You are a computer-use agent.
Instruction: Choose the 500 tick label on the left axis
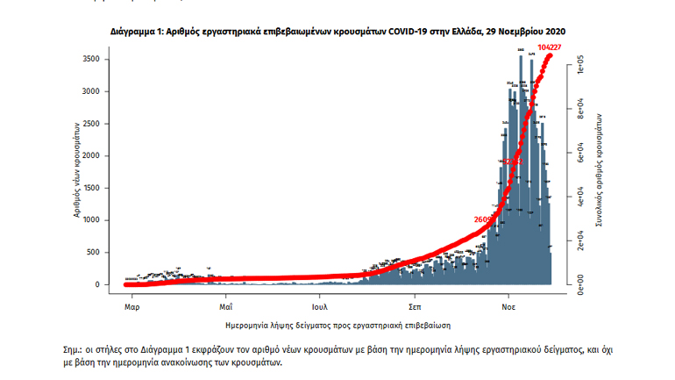pos(103,253)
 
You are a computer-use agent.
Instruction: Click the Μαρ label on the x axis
pos(132,308)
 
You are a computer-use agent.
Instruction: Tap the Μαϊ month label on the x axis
pos(225,308)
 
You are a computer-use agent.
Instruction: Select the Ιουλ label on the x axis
pos(319,308)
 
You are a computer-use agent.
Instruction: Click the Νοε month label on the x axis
pos(508,308)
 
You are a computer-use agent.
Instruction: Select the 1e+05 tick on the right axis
pos(579,64)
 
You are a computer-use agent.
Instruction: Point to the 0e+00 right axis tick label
pos(579,284)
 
